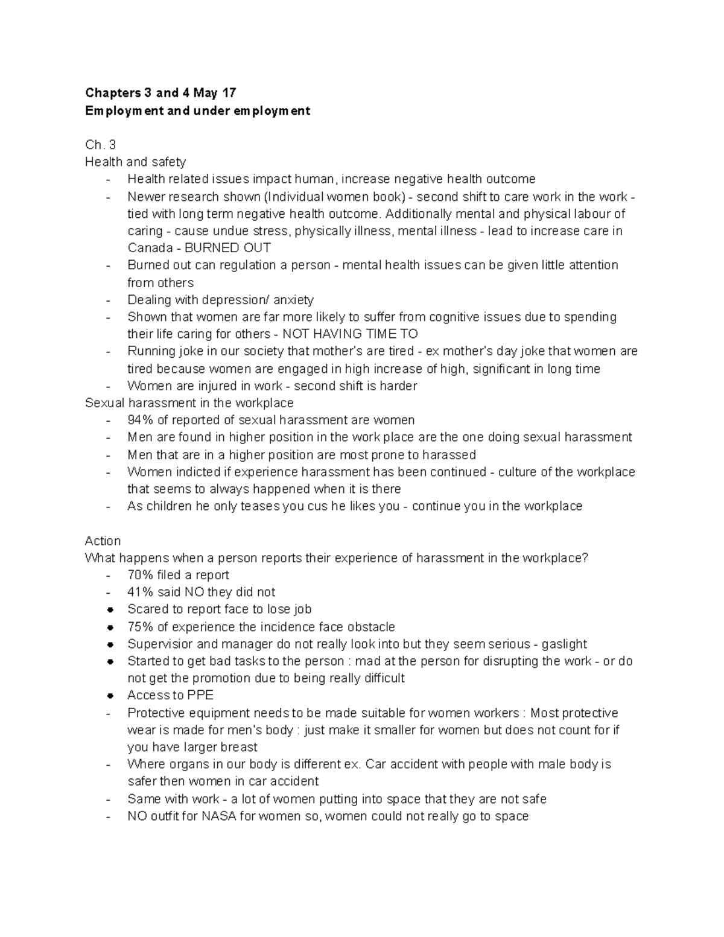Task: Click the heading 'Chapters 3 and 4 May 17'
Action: click(160, 93)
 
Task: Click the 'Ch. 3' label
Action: click(100, 145)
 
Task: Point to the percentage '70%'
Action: click(140, 575)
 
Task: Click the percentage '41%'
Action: click(140, 592)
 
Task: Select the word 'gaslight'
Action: click(564, 644)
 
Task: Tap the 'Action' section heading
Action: click(103, 541)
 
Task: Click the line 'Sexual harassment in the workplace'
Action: click(189, 402)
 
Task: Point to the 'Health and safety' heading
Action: click(135, 162)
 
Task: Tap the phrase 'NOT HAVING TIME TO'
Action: click(350, 334)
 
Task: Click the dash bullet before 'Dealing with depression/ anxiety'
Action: click(108, 300)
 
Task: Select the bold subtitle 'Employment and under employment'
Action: click(197, 111)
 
